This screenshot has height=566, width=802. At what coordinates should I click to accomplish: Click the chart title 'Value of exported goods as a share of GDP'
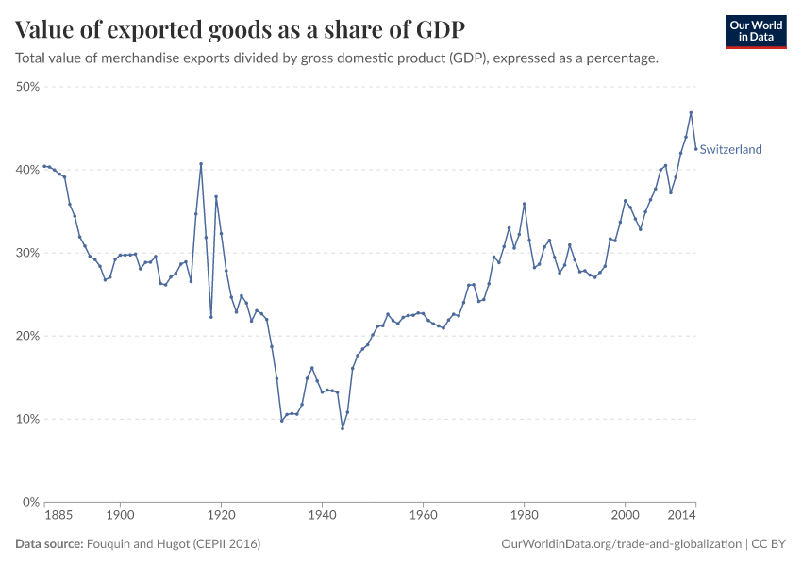click(x=240, y=28)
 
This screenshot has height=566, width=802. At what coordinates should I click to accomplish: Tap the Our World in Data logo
click(x=755, y=31)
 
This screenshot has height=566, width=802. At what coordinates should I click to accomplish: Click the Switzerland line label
click(x=730, y=149)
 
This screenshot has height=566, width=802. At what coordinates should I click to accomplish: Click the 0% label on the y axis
click(x=29, y=502)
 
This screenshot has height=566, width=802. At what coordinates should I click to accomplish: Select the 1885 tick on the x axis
click(x=58, y=516)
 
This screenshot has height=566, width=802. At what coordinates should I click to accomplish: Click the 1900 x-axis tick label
click(x=120, y=516)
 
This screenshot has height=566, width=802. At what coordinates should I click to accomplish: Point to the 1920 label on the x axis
click(x=221, y=516)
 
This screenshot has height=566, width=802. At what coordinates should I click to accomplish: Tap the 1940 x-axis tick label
click(x=322, y=516)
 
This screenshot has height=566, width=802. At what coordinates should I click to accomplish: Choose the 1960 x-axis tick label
click(x=423, y=516)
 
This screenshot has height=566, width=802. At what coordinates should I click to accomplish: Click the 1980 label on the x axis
click(x=524, y=516)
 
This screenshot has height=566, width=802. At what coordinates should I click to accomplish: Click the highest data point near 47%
click(x=691, y=112)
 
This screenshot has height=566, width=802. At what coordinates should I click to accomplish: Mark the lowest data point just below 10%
click(x=343, y=428)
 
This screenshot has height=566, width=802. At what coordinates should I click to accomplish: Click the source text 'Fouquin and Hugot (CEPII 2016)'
click(x=174, y=544)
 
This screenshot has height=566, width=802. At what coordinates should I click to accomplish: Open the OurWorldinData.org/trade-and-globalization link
click(x=622, y=544)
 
